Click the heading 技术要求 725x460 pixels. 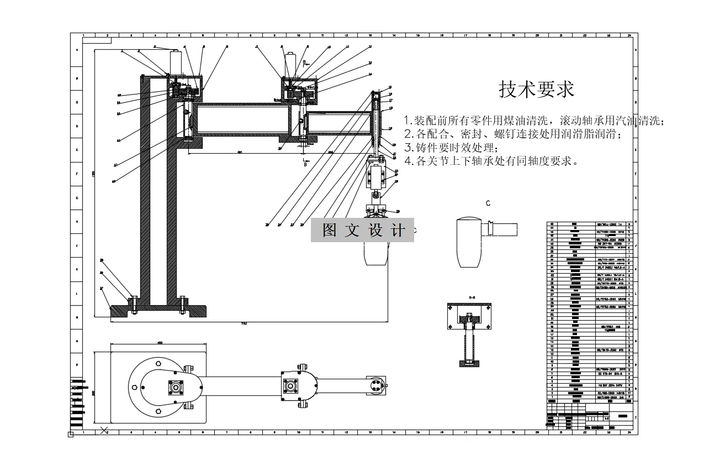(536, 89)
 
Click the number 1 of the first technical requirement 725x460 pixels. (407, 121)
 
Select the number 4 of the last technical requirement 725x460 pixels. (408, 161)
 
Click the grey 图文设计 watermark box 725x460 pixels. (362, 231)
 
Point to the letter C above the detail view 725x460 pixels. (488, 203)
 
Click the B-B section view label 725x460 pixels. (472, 298)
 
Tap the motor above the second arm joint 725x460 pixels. (291, 63)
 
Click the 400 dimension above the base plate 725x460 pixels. (160, 343)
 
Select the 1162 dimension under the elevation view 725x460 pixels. (244, 322)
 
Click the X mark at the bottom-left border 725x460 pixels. (103, 430)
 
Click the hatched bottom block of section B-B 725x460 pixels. (469, 363)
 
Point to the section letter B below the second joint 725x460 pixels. (305, 164)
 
